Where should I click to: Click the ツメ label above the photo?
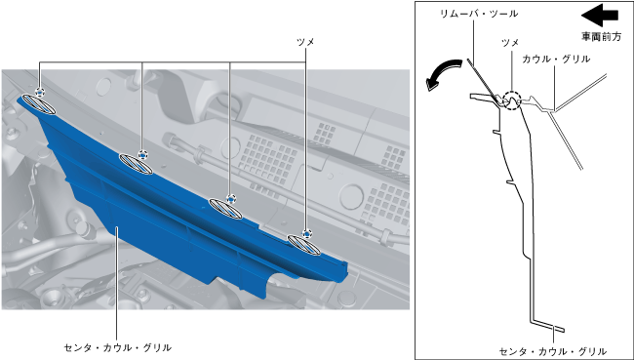[x=305, y=42]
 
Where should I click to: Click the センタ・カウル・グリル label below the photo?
[x=118, y=347]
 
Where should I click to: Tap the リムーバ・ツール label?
[x=479, y=14]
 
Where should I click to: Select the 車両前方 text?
[x=601, y=36]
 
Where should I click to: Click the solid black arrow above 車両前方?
[x=600, y=15]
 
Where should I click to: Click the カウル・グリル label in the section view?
[x=556, y=60]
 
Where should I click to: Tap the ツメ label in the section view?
[x=510, y=43]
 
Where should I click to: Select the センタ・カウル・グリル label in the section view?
[x=553, y=351]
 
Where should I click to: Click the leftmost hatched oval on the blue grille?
[x=39, y=104]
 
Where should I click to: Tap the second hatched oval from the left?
[x=136, y=164]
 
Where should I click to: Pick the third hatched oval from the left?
[x=225, y=209]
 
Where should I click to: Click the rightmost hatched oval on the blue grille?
[x=304, y=245]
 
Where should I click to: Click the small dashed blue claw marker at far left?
[x=40, y=93]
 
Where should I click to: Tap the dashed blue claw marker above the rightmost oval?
[x=307, y=234]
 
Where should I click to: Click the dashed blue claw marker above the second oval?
[x=142, y=154]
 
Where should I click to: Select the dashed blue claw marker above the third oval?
[x=231, y=199]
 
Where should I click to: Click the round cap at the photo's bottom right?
[x=346, y=298]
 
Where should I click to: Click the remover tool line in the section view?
[x=483, y=82]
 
